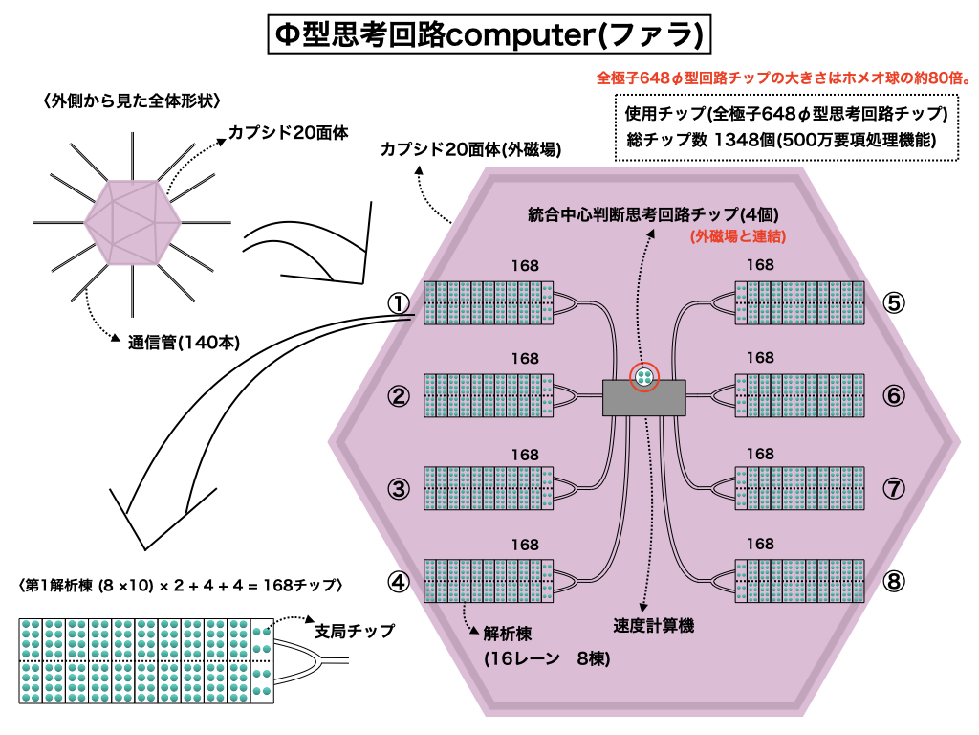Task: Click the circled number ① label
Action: pos(399,302)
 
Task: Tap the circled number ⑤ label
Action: pos(893,302)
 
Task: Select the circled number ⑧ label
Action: pos(893,581)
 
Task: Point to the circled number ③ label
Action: pos(399,489)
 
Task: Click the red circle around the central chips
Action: pos(645,376)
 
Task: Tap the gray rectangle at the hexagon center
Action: pos(645,397)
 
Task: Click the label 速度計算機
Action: pos(653,626)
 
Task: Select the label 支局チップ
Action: pos(355,632)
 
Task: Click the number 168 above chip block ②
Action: pos(525,359)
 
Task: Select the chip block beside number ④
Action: pos(489,581)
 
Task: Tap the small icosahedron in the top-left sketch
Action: pos(131,221)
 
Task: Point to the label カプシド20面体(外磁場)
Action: pos(469,150)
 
